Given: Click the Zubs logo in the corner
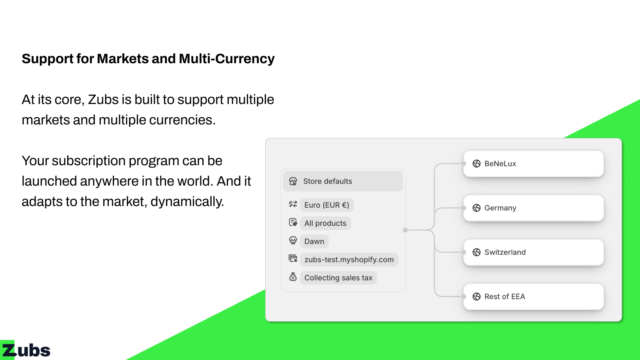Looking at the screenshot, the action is point(25,350).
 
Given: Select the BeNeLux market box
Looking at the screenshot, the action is point(534,164).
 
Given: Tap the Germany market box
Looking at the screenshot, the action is point(534,208).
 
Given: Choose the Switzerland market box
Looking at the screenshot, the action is point(534,252).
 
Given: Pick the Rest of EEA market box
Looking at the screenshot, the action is point(534,296).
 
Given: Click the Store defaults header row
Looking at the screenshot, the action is point(343,181).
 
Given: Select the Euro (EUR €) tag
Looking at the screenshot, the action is point(327,205).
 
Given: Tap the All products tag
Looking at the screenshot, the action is point(326,223).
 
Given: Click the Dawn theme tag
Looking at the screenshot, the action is point(314,242).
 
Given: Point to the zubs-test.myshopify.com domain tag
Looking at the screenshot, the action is point(349,260).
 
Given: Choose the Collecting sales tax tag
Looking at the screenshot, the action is point(338,278).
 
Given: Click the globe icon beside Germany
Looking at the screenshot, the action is point(476,208).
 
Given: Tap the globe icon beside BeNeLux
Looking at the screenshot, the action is point(476,164).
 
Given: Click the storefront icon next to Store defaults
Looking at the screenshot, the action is point(293,181).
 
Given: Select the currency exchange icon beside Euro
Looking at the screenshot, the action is point(293,204).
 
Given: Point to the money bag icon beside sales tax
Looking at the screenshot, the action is point(293,276).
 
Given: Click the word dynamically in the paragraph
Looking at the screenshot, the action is point(187,202).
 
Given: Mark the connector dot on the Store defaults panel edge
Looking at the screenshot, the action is point(405,230).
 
